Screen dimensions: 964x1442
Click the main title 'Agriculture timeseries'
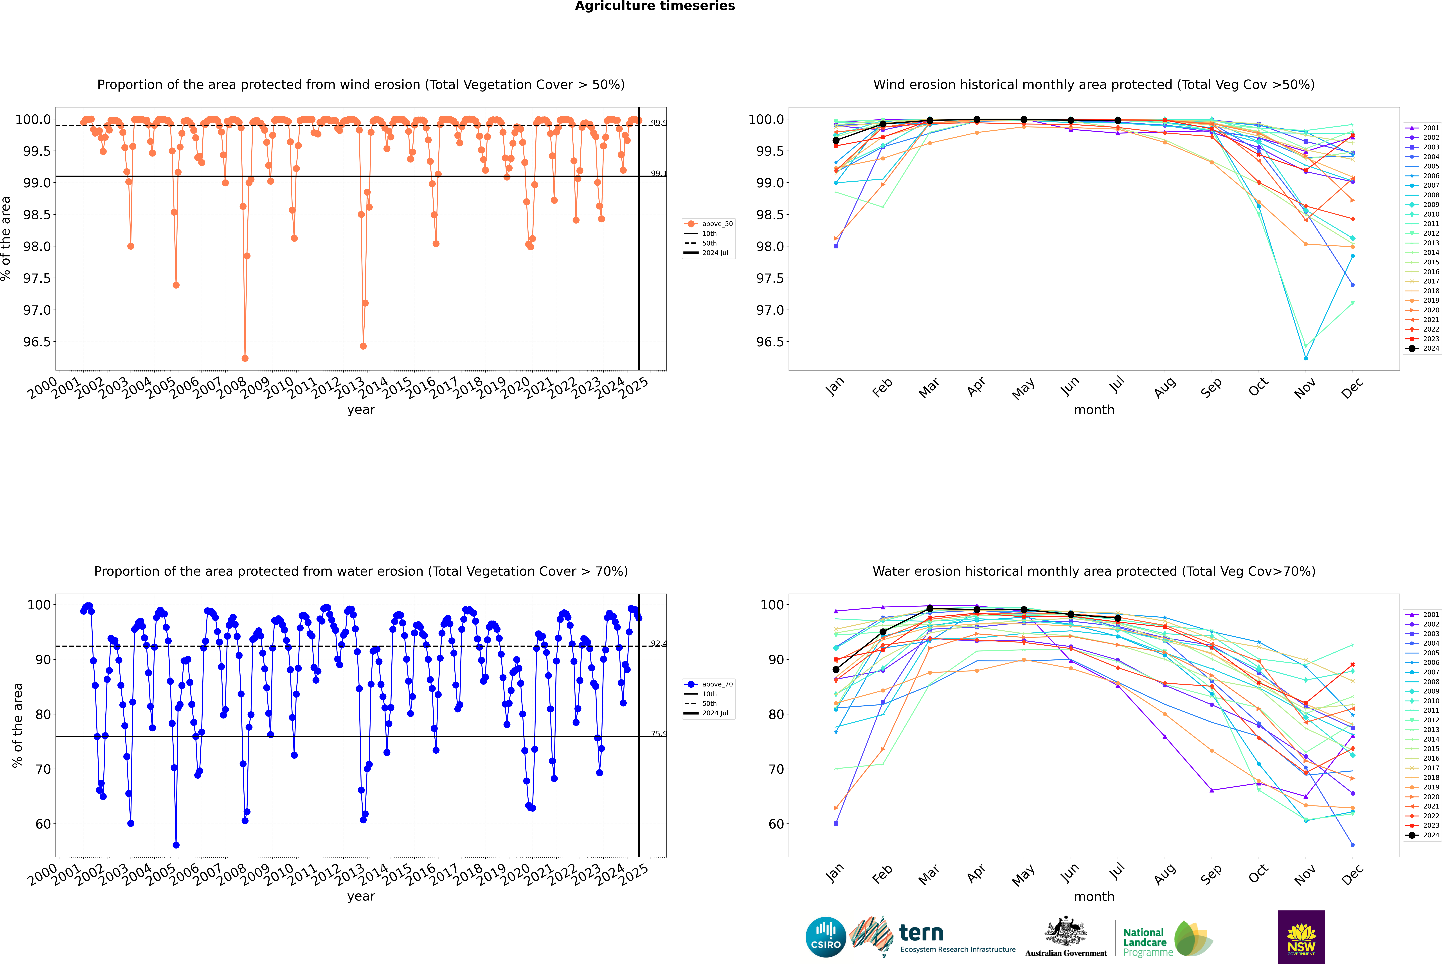point(655,6)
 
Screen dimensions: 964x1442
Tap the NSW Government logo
point(1301,937)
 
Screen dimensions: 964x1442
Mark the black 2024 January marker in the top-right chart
point(836,141)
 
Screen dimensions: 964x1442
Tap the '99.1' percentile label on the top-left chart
point(658,173)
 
